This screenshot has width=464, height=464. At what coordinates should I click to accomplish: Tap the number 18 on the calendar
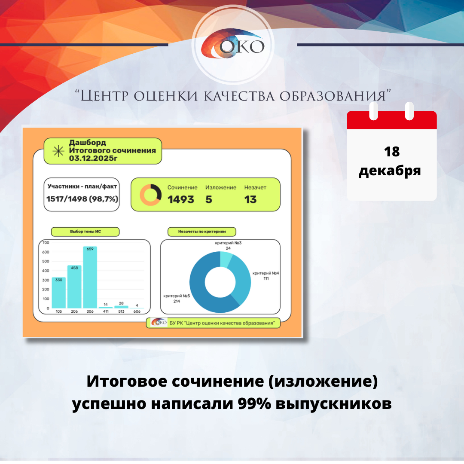coord(391,151)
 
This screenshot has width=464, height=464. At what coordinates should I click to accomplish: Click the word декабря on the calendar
coord(390,171)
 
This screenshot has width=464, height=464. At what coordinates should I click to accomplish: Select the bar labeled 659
coord(90,277)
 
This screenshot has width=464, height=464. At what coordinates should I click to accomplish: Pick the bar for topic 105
coord(59,293)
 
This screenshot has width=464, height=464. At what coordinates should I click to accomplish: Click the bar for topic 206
coord(74,287)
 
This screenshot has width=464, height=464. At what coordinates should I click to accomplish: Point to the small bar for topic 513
coord(121,307)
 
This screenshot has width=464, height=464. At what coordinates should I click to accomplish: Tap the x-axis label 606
coord(137,311)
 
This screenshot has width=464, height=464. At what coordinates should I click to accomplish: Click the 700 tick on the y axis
coord(45,243)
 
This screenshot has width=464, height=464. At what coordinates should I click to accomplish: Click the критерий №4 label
coord(266,273)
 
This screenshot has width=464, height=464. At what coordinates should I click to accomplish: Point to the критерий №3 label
coord(228,243)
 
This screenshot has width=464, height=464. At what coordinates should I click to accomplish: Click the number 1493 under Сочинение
coord(181,199)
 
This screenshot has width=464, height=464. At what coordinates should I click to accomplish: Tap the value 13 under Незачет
coord(250,199)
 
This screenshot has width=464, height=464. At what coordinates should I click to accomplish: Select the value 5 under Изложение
coord(209,199)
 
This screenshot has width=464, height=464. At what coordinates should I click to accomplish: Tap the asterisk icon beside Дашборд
coord(58,151)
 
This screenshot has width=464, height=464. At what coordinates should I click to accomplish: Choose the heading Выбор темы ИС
coord(85,232)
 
